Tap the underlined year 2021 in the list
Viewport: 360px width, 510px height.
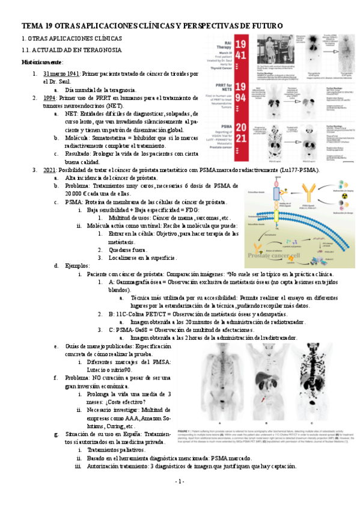[x=49, y=170]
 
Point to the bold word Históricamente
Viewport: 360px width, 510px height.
[x=42, y=62]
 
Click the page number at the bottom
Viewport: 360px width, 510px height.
[x=180, y=499]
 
